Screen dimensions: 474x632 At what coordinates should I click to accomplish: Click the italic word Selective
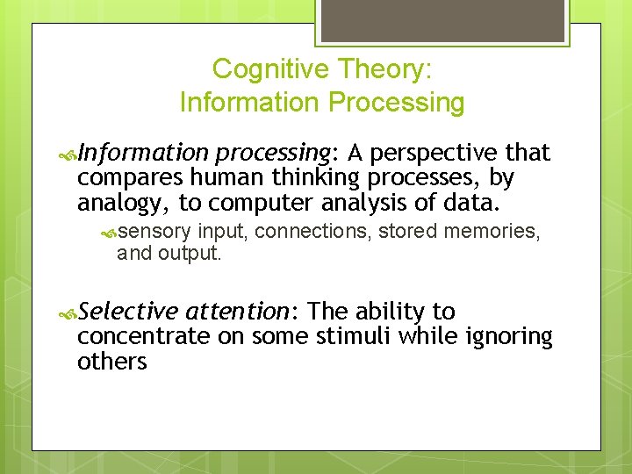[x=127, y=312]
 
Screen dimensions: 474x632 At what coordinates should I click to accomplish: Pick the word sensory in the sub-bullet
[x=154, y=231]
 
